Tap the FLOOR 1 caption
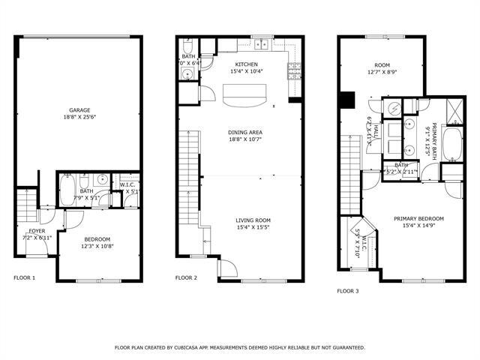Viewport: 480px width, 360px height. click(x=25, y=278)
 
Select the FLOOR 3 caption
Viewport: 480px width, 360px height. click(x=347, y=291)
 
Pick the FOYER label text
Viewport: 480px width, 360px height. click(x=37, y=231)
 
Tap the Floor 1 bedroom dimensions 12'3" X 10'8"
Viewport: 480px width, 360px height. click(x=97, y=246)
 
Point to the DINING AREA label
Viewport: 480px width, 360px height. click(x=245, y=133)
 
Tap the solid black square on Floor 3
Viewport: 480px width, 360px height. click(x=346, y=99)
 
